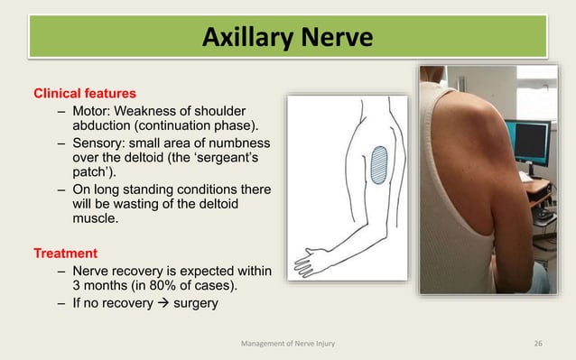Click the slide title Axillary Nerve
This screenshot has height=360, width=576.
(287, 39)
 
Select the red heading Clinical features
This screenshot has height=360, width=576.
(85, 92)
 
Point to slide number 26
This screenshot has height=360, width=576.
(539, 343)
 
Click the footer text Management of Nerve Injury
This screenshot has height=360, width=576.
(288, 343)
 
